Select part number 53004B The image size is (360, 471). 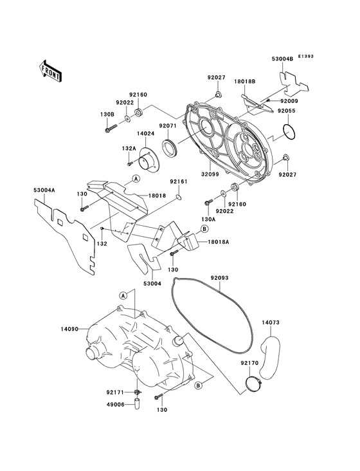(281, 59)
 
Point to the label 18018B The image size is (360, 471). (245, 82)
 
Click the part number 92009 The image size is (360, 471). (288, 100)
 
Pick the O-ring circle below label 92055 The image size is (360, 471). (290, 132)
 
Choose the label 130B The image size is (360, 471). (107, 115)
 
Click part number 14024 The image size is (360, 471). (145, 134)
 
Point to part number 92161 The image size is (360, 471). (178, 182)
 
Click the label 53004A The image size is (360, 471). (44, 190)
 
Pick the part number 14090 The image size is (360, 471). (70, 329)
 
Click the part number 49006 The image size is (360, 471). (116, 405)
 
